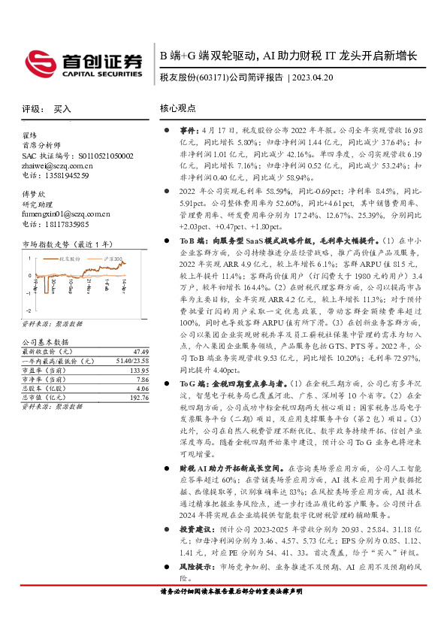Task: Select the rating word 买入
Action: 62,109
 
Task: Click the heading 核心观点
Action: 178,109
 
